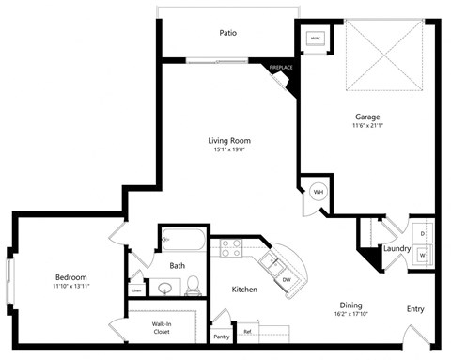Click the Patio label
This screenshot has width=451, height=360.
227,33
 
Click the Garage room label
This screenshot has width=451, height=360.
367,117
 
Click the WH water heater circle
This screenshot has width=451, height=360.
318,191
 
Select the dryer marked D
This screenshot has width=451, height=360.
422,231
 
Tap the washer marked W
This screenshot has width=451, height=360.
422,254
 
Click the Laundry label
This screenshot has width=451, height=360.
397,249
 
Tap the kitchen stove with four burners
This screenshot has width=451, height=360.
231,248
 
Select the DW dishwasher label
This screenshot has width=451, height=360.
287,279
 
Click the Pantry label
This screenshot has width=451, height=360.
221,336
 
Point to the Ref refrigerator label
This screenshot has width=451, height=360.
248,331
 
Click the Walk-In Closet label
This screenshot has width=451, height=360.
162,328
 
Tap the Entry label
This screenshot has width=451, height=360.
414,308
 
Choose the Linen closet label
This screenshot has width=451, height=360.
137,290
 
